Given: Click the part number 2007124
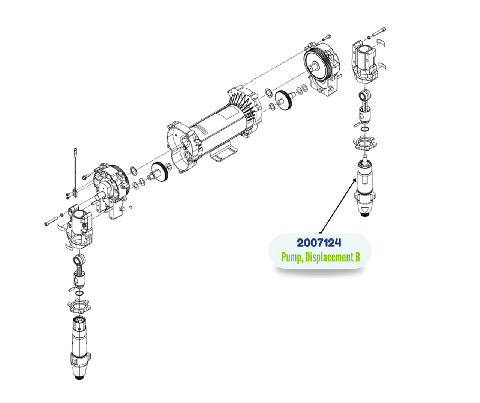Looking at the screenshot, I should pos(319,243).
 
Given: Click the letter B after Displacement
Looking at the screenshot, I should pos(357,257).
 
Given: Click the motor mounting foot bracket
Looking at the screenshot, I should pos(223,154).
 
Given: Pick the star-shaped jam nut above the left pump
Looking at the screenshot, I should pos(79,305).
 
